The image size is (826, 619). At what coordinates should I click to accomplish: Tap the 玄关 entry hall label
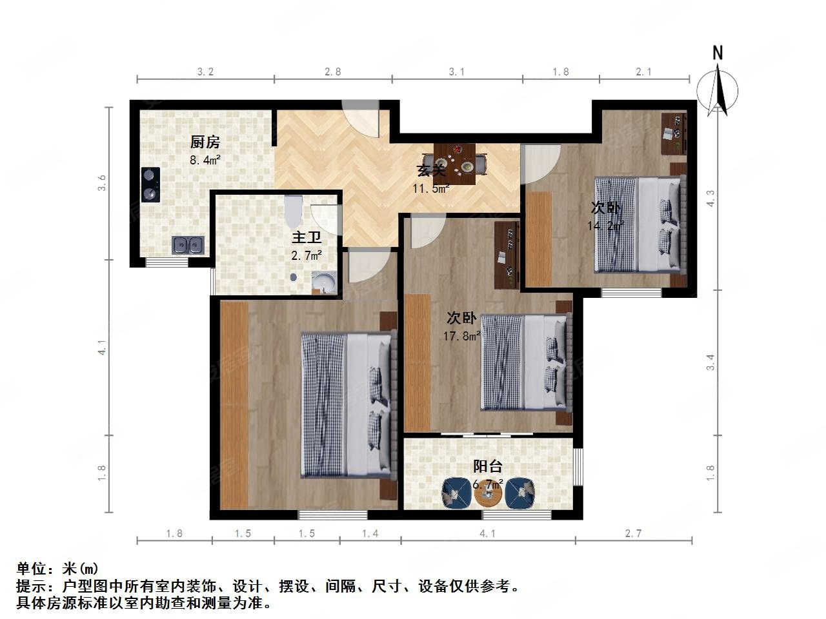[x=430, y=171]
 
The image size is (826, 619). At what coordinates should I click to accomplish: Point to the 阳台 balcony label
[x=488, y=466]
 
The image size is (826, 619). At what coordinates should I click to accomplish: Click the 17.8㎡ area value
[x=461, y=336]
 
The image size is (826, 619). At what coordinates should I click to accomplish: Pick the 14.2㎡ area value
[x=605, y=226]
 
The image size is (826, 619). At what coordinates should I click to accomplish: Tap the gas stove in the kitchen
[x=150, y=184]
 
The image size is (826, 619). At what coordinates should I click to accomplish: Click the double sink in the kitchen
[x=188, y=245]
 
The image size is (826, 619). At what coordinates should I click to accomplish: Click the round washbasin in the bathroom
[x=324, y=282]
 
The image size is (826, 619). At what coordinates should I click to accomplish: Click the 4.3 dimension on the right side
[x=710, y=198]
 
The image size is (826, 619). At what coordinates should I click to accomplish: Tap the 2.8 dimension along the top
[x=332, y=72]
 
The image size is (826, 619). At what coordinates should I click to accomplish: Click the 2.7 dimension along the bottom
[x=634, y=533]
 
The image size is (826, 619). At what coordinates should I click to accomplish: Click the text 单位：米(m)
[x=57, y=569]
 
